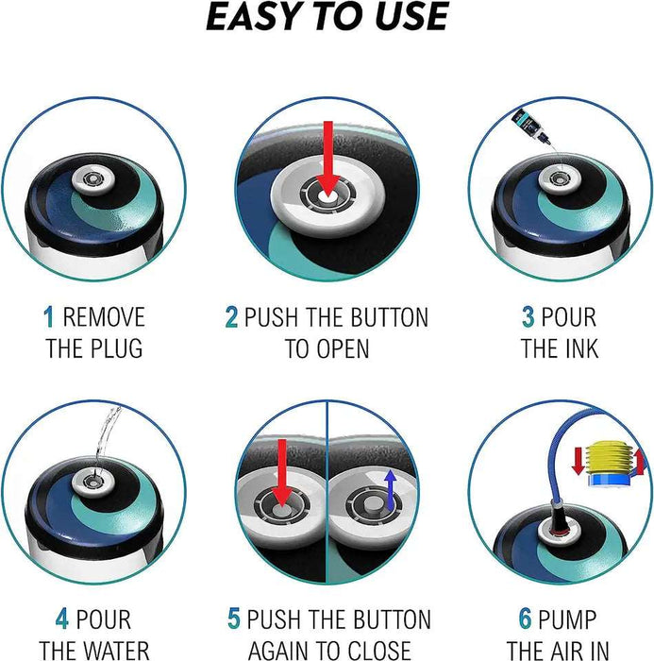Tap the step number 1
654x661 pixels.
tap(49, 317)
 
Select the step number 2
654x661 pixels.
tap(231, 317)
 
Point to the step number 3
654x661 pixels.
tap(528, 317)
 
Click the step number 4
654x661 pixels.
tap(62, 619)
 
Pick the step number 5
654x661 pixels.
tap(234, 619)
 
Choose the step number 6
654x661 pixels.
tap(525, 619)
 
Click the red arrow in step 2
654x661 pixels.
tap(327, 161)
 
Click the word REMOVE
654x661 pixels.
tap(104, 317)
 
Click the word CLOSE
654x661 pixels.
tap(378, 651)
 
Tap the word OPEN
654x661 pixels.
tap(343, 348)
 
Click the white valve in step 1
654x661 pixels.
tap(93, 181)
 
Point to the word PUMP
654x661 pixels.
tap(567, 619)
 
